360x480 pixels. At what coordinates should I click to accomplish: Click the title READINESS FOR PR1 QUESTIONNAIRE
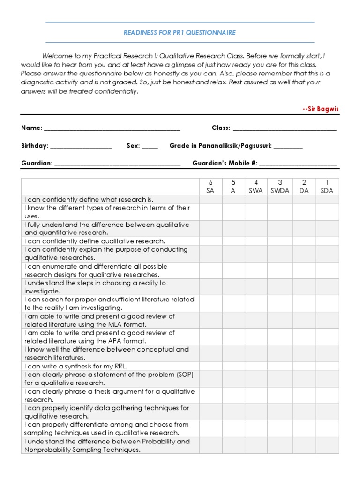180,33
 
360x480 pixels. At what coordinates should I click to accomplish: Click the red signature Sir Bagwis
321,109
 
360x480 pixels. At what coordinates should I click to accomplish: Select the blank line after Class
284,128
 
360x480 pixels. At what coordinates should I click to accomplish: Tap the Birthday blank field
81,146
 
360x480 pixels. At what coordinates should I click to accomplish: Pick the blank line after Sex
150,146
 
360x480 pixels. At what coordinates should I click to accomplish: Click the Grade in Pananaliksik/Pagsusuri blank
288,146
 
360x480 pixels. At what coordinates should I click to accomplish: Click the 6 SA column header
210,187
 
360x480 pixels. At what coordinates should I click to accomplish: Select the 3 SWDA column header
280,187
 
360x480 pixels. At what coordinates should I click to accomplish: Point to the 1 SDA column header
327,187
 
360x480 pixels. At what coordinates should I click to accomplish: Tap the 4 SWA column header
256,187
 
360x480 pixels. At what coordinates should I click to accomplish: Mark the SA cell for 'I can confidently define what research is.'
210,199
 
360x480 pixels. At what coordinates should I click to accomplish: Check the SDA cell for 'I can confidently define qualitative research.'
327,241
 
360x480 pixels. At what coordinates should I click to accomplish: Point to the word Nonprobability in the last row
46,450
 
